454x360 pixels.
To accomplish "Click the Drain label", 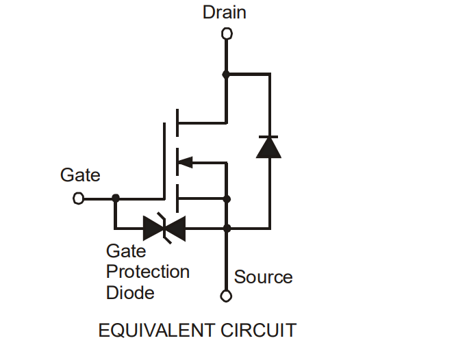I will tap(225, 12).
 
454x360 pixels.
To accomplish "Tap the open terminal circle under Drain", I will tap(227, 34).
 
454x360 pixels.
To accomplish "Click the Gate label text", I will tap(80, 175).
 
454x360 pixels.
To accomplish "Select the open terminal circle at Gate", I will tap(79, 198).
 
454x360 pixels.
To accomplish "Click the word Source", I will tap(263, 277).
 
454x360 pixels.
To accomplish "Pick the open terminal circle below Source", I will tap(227, 296).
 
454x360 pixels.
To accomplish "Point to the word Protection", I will tap(148, 272).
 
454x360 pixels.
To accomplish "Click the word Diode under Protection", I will tap(130, 293).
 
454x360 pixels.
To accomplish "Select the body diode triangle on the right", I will tap(268, 146).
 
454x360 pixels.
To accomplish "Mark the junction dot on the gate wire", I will tap(116, 198).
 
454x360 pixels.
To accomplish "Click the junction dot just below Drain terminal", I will tap(227, 73).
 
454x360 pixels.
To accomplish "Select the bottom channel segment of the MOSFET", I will tap(177, 198).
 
